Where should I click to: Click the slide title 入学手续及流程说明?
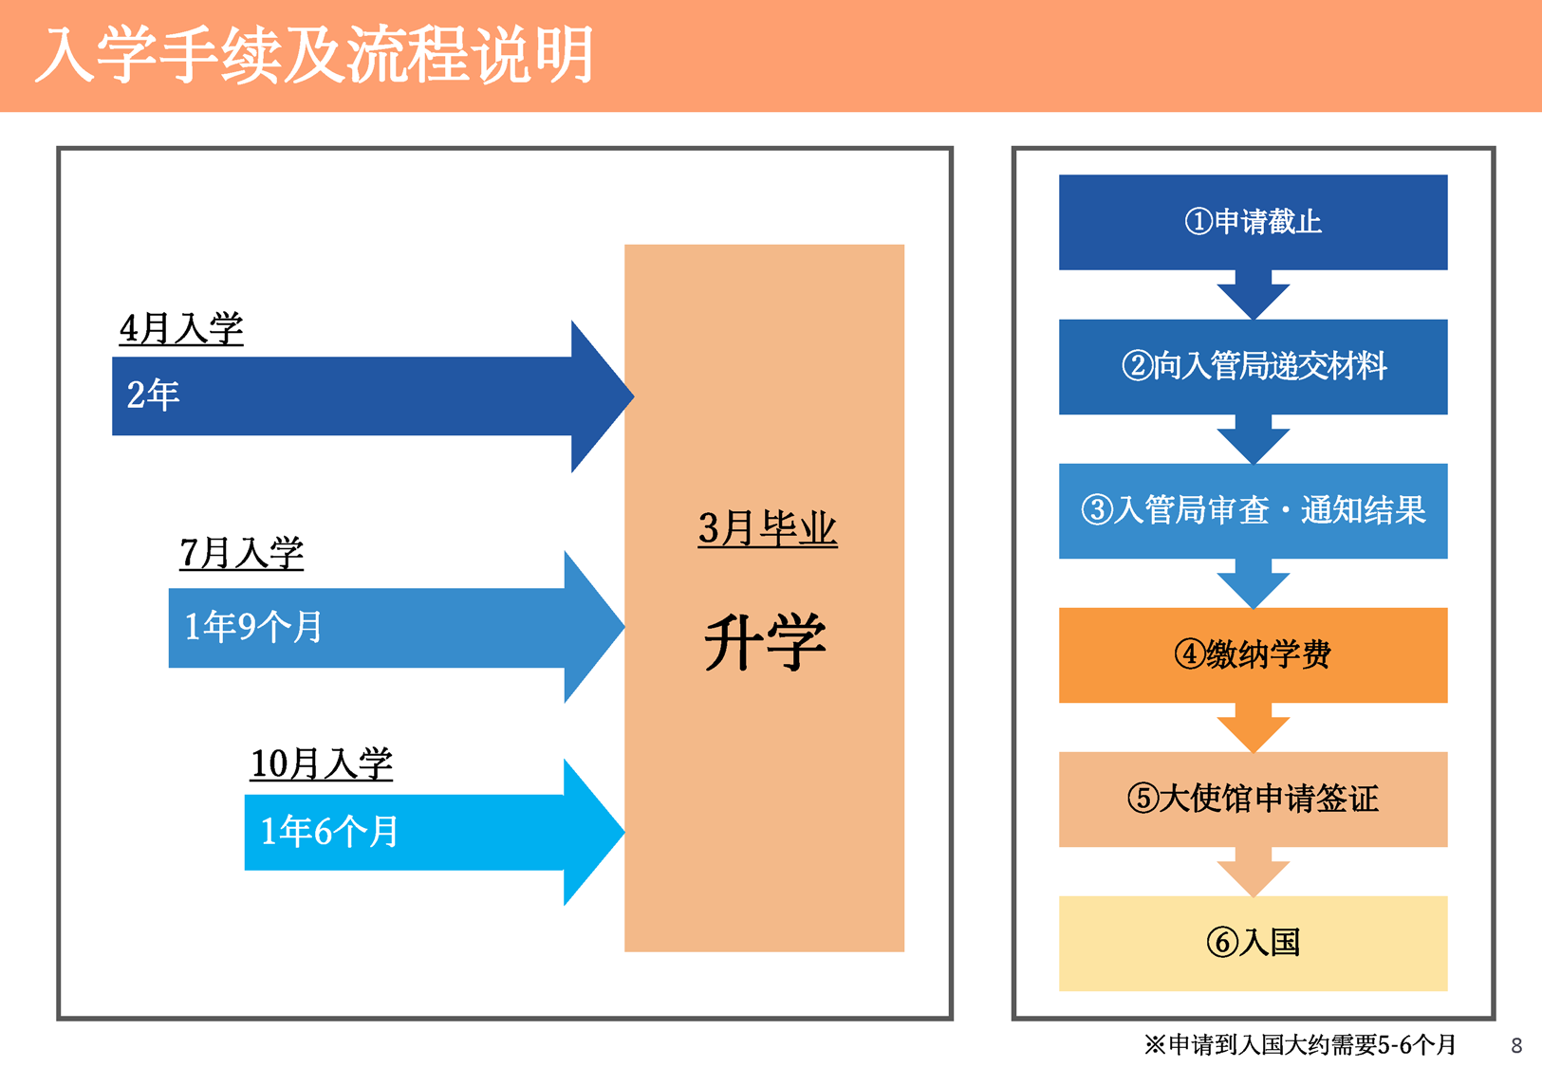point(314,55)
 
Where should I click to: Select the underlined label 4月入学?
point(181,328)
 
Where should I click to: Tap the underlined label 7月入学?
point(241,553)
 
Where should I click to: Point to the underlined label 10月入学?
point(321,763)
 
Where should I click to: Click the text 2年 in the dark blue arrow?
point(153,395)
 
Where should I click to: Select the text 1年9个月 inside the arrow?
point(252,627)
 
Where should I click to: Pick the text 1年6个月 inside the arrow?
point(329,831)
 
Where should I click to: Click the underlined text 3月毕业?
point(768,528)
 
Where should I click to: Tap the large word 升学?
point(765,641)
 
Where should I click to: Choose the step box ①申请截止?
point(1253,222)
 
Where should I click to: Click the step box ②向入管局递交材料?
point(1253,367)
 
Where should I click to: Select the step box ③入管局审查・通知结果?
point(1253,511)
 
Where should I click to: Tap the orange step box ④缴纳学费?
point(1253,655)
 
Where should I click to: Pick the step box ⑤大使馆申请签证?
point(1253,800)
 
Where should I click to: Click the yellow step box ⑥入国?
point(1253,943)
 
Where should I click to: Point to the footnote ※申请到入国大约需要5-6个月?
point(1300,1045)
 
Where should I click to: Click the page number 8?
point(1516,1046)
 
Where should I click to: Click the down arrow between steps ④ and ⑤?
point(1253,727)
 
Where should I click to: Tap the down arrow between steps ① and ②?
point(1253,295)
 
